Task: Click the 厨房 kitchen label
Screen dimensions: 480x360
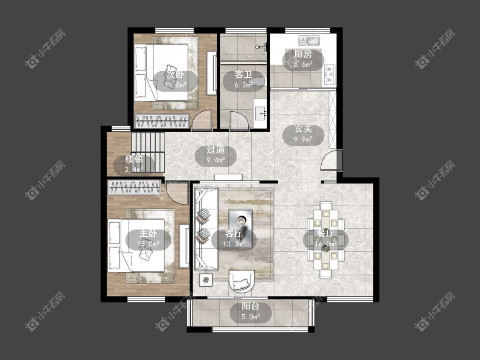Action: (303, 54)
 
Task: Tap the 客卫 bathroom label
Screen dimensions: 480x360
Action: (243, 74)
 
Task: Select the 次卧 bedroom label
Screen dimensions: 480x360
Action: (175, 74)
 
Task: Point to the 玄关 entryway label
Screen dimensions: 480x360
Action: (303, 129)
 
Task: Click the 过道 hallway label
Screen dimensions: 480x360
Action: (215, 149)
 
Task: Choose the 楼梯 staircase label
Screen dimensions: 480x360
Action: (134, 159)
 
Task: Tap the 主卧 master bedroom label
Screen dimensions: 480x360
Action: (148, 233)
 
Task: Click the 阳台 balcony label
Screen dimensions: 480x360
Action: (251, 306)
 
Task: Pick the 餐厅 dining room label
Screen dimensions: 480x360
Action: (326, 233)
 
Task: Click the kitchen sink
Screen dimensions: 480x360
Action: (309, 41)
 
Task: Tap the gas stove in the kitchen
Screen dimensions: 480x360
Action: (329, 74)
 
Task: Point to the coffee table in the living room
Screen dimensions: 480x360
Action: (241, 229)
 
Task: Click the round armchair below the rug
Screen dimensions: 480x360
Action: (242, 280)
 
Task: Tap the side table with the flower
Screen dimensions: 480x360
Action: (206, 280)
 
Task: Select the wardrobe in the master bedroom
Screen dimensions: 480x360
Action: (134, 187)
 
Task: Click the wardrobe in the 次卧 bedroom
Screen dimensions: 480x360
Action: (162, 121)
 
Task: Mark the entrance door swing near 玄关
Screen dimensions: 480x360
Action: (329, 160)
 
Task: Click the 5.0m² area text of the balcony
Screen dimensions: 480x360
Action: (251, 317)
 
